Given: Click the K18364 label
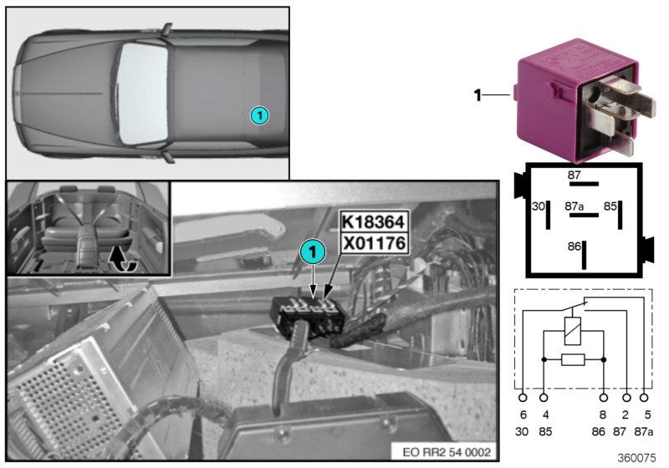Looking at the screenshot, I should (x=373, y=223).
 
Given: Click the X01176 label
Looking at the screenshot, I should (x=373, y=243).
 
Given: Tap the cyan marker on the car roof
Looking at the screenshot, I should (x=260, y=115).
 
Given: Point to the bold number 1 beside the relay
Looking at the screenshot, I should (x=478, y=95).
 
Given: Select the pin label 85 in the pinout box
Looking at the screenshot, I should (x=610, y=204).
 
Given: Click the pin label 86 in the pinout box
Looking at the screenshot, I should (x=573, y=247).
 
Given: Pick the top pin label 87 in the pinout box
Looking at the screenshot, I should (x=574, y=175).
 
